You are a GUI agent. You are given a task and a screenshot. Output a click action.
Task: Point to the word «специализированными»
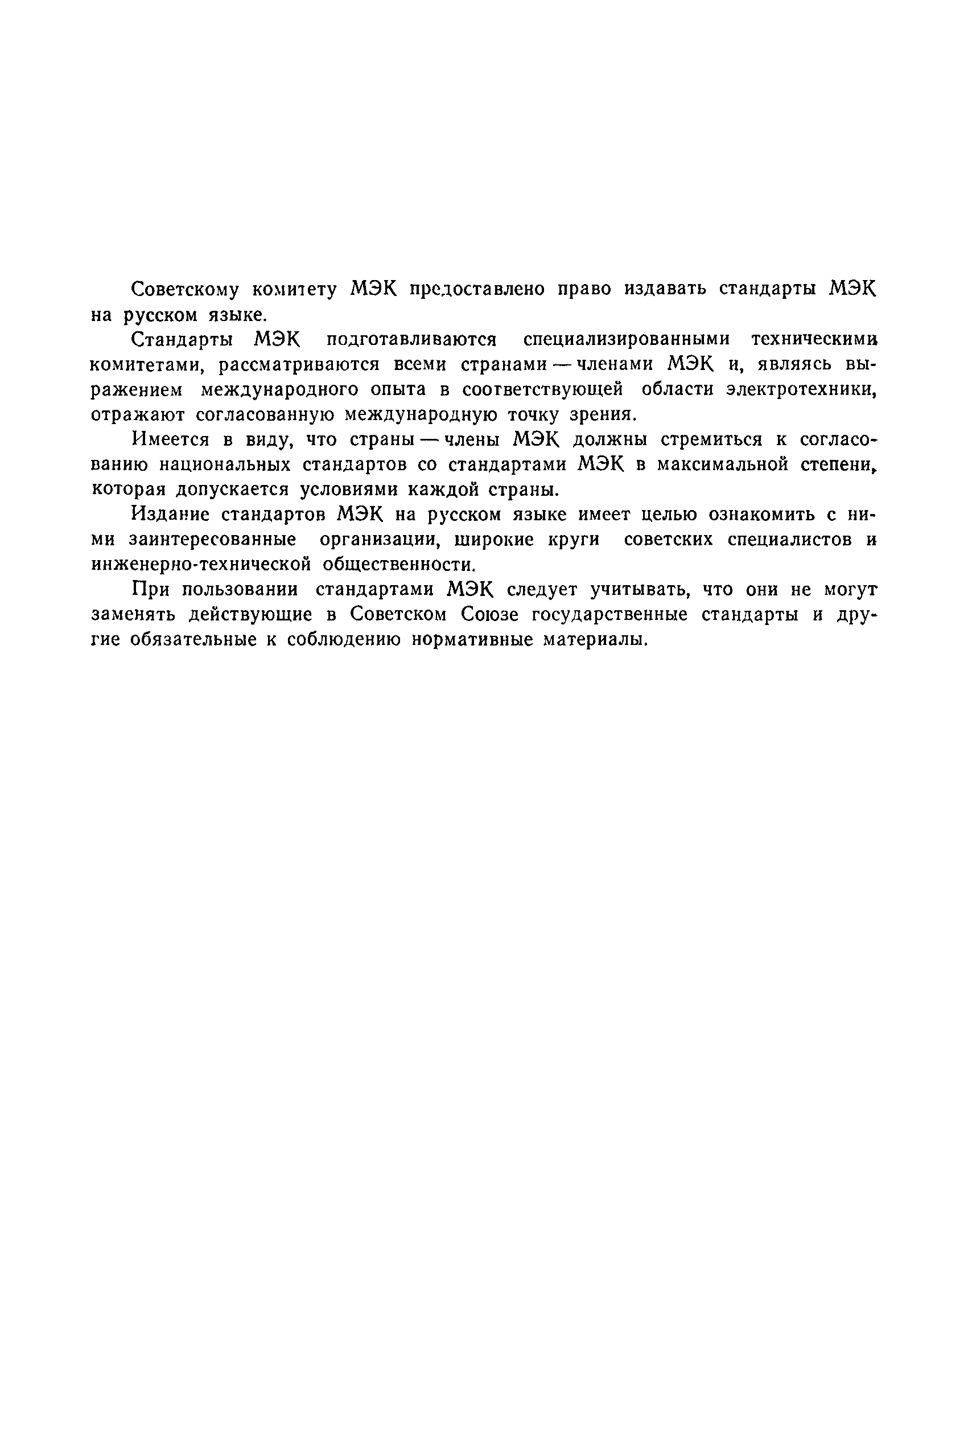pos(626,339)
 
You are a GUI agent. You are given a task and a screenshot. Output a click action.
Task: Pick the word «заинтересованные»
pos(212,540)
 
